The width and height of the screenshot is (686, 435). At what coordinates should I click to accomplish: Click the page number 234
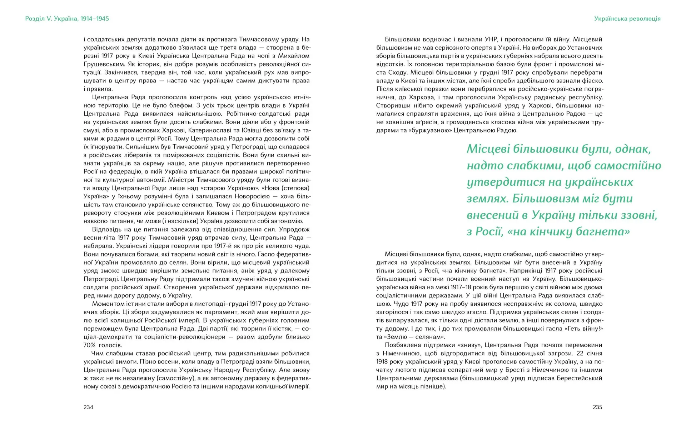pos(88,407)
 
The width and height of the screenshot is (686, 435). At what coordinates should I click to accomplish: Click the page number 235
pos(597,407)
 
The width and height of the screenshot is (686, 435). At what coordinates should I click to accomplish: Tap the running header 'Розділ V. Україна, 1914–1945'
pos(67,19)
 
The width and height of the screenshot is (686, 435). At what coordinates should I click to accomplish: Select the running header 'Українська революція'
pos(627,19)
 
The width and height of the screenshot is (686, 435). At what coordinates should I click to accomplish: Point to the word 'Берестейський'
pos(580,378)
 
